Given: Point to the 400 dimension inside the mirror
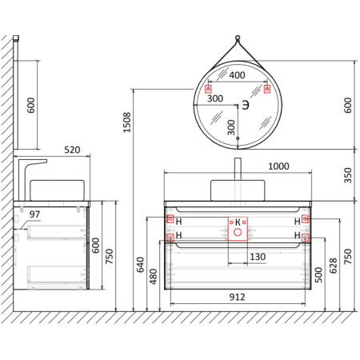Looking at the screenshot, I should (237, 74).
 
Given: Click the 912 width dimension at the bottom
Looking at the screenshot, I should (237, 296).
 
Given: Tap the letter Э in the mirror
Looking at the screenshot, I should (246, 105).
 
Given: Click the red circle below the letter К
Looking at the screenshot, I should (237, 233).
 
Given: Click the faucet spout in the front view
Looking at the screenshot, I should (237, 169).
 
